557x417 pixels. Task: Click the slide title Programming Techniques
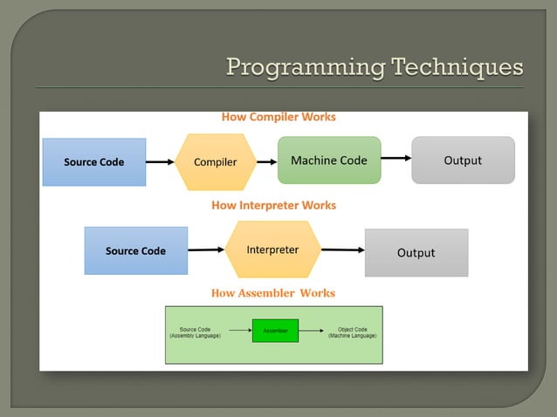click(x=375, y=66)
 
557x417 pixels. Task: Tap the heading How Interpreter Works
click(x=273, y=205)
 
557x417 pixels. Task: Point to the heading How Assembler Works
click(x=272, y=293)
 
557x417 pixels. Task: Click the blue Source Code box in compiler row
click(x=94, y=161)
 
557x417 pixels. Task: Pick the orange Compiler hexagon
click(x=215, y=161)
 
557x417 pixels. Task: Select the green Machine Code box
click(x=329, y=160)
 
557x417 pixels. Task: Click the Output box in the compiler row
click(x=463, y=160)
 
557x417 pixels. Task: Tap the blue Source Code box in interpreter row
click(x=135, y=250)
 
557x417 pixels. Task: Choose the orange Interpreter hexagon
click(x=272, y=250)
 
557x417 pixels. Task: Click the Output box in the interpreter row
click(x=416, y=252)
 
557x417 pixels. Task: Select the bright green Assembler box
click(x=275, y=331)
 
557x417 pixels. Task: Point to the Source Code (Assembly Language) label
click(x=195, y=332)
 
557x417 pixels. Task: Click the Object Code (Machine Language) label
click(x=352, y=332)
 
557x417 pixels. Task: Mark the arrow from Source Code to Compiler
click(x=160, y=161)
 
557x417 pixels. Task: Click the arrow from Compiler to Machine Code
click(x=266, y=161)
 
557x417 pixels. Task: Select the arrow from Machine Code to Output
click(x=395, y=159)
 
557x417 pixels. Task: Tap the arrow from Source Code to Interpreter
click(x=206, y=250)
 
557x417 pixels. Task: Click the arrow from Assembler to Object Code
click(x=312, y=331)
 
